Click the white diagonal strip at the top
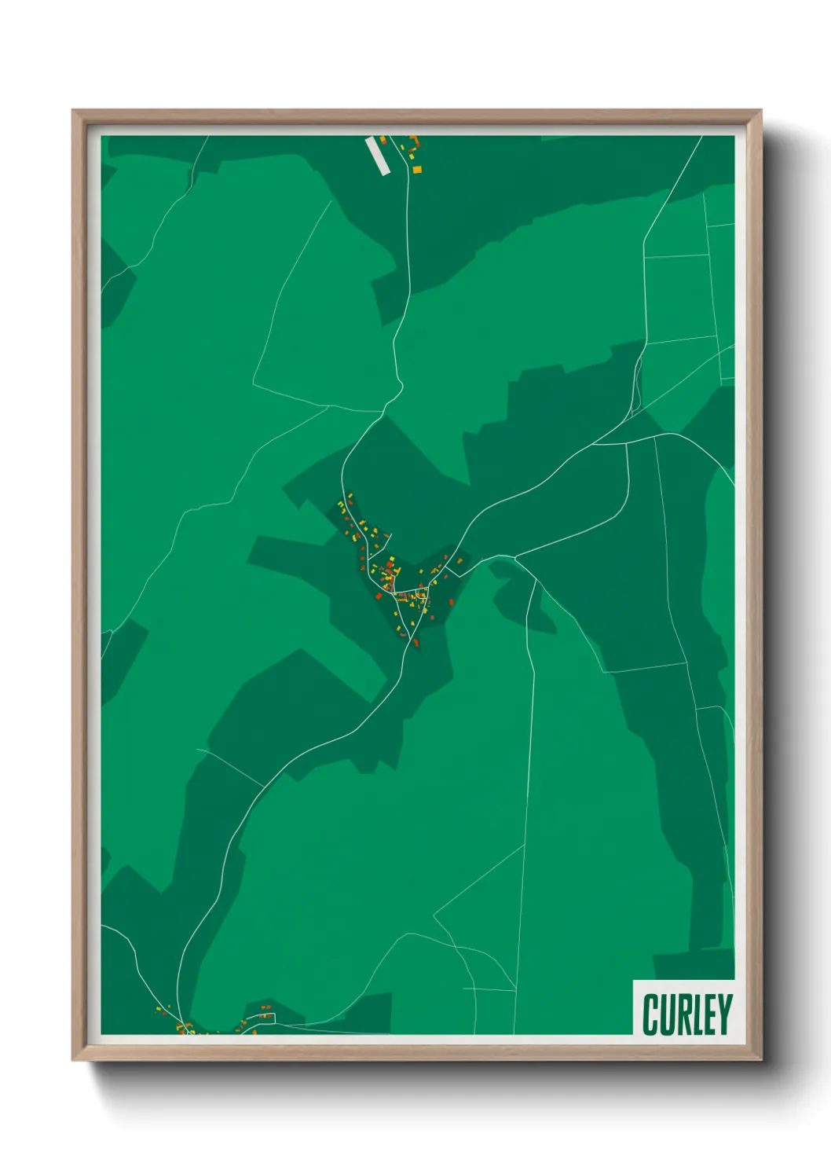point(377,155)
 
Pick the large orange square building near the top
point(417,169)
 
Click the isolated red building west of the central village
point(379,596)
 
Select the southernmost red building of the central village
point(416,643)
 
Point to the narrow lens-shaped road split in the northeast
point(637,385)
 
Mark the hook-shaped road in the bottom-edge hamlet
point(267,1018)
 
